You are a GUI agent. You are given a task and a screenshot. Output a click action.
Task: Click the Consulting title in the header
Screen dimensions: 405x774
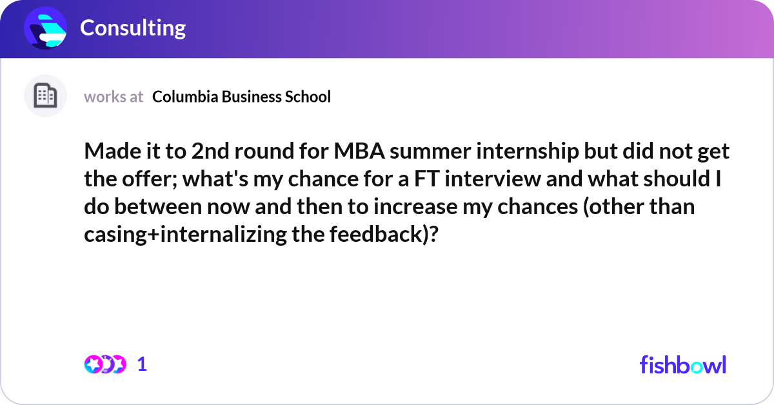(132, 28)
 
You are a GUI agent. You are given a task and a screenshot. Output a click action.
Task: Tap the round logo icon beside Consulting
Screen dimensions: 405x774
(46, 28)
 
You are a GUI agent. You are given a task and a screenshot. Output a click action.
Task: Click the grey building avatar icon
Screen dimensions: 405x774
(45, 96)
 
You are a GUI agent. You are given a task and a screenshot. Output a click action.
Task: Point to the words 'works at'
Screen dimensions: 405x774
(114, 97)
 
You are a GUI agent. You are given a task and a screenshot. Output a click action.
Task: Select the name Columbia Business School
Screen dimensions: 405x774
(241, 97)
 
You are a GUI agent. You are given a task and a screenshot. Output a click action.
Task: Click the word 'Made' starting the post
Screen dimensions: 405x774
(110, 152)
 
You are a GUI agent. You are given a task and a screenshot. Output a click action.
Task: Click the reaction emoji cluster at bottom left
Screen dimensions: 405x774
(104, 364)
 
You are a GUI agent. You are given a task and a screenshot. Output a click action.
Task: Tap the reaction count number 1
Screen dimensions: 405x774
(143, 364)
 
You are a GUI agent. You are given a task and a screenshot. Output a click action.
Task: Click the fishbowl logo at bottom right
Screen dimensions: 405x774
(682, 364)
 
